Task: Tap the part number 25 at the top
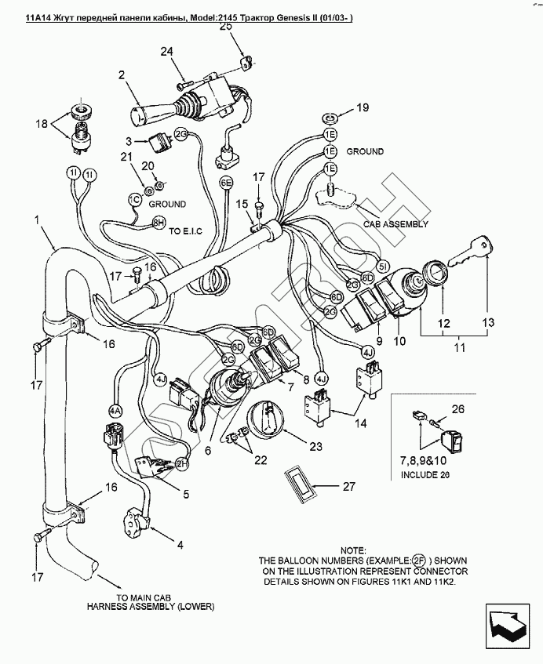point(226,26)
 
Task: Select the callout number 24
point(166,53)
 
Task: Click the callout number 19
point(362,107)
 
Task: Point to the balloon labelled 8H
point(159,223)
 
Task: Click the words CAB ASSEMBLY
point(395,223)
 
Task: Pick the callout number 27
point(349,486)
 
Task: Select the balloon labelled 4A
point(116,410)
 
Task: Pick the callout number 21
point(124,158)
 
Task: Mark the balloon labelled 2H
point(184,463)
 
